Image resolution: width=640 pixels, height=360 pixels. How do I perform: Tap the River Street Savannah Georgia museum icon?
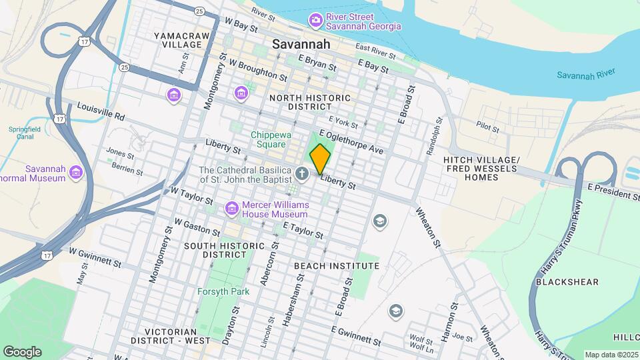(315, 21)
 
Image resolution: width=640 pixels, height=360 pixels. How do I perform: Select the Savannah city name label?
(301, 44)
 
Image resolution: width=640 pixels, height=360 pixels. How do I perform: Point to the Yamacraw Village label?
(177, 39)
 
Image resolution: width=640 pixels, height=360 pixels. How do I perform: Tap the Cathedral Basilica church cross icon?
(302, 175)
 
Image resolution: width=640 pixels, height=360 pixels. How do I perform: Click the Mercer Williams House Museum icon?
(231, 209)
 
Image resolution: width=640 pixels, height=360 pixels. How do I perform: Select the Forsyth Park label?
(223, 292)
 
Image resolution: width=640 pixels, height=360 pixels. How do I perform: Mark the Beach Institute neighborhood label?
(337, 265)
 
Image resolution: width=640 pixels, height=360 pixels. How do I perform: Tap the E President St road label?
(613, 193)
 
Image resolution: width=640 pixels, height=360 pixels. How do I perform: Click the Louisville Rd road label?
(101, 111)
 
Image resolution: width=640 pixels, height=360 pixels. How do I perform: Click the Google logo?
(22, 352)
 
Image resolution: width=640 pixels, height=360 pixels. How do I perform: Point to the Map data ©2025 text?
(611, 355)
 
